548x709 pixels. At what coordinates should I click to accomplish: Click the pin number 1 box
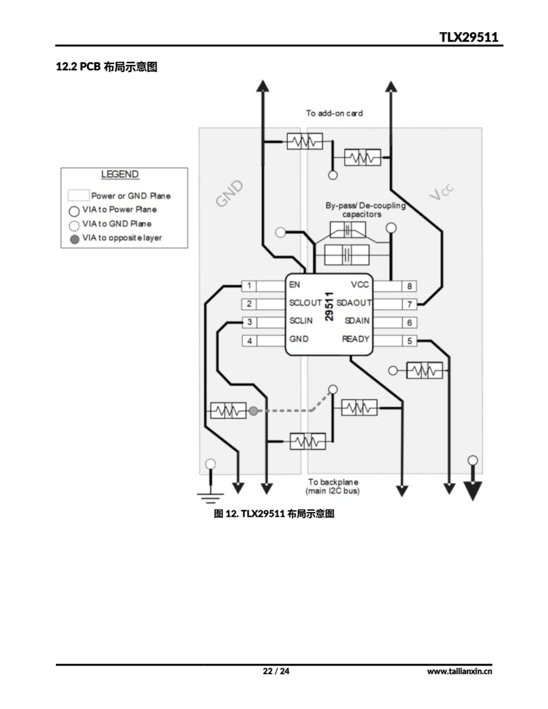249,286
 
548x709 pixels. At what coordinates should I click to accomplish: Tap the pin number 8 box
409,286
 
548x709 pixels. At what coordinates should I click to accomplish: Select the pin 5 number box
409,341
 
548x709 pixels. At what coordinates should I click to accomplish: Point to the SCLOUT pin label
305,303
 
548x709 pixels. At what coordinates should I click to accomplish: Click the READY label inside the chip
355,339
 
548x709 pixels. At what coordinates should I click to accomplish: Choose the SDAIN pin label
357,321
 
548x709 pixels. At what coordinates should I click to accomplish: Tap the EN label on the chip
294,285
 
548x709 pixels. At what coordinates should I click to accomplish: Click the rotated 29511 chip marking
329,307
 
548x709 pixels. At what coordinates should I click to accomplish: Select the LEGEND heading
120,174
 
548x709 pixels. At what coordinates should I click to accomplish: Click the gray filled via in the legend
75,240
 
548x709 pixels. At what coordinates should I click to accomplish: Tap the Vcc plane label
441,192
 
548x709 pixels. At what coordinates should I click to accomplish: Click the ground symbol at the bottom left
211,496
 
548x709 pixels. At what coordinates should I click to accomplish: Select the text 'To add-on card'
334,113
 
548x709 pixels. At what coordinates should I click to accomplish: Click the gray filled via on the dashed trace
253,411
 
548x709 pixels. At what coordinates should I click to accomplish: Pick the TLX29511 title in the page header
468,37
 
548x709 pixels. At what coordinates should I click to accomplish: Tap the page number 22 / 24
276,671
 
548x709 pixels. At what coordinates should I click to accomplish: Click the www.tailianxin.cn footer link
459,671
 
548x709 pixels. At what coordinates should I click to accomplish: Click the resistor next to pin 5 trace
424,370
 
